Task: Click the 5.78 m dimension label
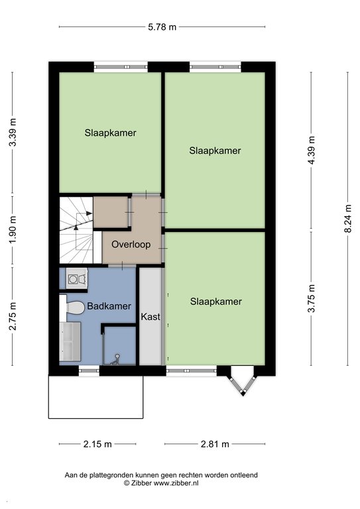[162, 27]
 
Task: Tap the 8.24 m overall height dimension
[347, 218]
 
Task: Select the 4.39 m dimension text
[312, 150]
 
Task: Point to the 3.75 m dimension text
[312, 298]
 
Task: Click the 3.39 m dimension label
[13, 133]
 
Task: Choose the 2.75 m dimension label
[13, 316]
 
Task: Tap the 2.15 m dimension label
[97, 444]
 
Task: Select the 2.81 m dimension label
[215, 444]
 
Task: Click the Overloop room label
[131, 244]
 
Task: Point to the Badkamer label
[109, 306]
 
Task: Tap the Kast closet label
[150, 317]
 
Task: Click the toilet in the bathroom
[73, 308]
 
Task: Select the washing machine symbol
[77, 278]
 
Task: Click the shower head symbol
[115, 359]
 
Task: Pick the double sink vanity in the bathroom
[70, 341]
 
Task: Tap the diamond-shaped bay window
[243, 381]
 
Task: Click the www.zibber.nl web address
[176, 483]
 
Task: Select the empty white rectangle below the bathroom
[95, 397]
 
